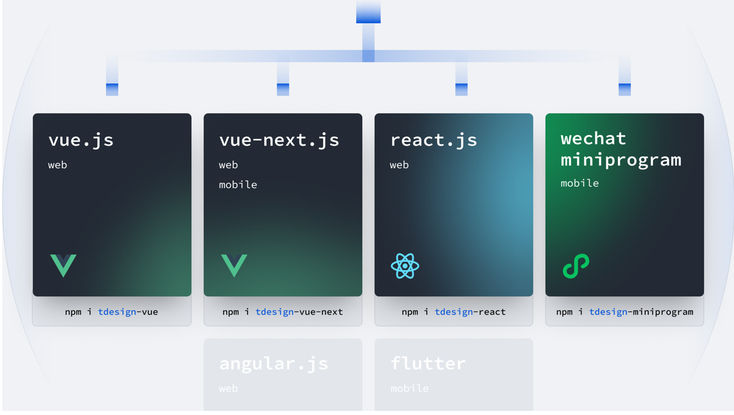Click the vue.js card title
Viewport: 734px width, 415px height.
pyautogui.click(x=81, y=140)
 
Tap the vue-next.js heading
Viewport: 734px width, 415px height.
pyautogui.click(x=279, y=140)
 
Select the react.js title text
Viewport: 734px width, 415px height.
pyautogui.click(x=434, y=140)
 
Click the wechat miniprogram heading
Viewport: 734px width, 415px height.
pyautogui.click(x=620, y=149)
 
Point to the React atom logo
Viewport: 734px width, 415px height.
pyautogui.click(x=405, y=266)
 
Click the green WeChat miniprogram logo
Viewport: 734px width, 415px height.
pyautogui.click(x=576, y=266)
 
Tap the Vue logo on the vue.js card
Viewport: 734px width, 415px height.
pyautogui.click(x=63, y=265)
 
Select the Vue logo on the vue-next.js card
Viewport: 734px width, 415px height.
pyautogui.click(x=234, y=265)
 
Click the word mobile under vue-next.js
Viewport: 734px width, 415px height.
pyautogui.click(x=238, y=185)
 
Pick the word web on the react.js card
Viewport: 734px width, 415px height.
pyautogui.click(x=399, y=165)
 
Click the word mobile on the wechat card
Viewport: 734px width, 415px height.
pyautogui.click(x=579, y=183)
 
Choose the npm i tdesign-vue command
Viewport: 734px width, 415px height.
pyautogui.click(x=111, y=312)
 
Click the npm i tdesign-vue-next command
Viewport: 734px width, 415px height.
pyautogui.click(x=282, y=312)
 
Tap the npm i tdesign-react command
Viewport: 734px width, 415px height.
pyautogui.click(x=453, y=312)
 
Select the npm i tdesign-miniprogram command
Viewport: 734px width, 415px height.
pyautogui.click(x=624, y=312)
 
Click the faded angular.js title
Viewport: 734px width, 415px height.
pyautogui.click(x=274, y=364)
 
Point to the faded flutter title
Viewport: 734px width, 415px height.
pyautogui.click(x=428, y=364)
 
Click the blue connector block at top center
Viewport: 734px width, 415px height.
pyautogui.click(x=368, y=13)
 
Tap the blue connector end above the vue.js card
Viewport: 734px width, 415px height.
pyautogui.click(x=112, y=89)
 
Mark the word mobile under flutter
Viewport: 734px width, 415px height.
pyautogui.click(x=409, y=389)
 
